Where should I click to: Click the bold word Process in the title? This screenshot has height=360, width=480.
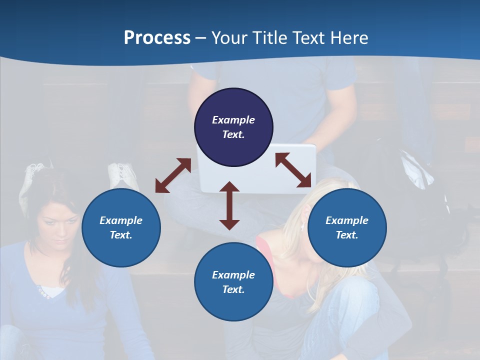click(x=157, y=38)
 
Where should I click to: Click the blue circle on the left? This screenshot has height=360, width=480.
click(x=121, y=227)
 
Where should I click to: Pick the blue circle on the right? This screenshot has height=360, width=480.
click(x=347, y=227)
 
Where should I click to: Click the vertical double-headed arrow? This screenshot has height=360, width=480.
click(x=229, y=205)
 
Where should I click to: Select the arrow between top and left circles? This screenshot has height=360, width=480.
click(x=173, y=175)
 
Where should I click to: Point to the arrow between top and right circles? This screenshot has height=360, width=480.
click(x=293, y=170)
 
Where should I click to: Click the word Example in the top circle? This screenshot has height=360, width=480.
click(x=233, y=120)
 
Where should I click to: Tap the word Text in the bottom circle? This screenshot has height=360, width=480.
click(x=232, y=289)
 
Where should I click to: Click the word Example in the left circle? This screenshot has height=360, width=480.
click(x=121, y=220)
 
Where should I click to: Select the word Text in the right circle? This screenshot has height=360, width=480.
click(x=346, y=235)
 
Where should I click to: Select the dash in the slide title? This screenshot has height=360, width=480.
click(x=201, y=38)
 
